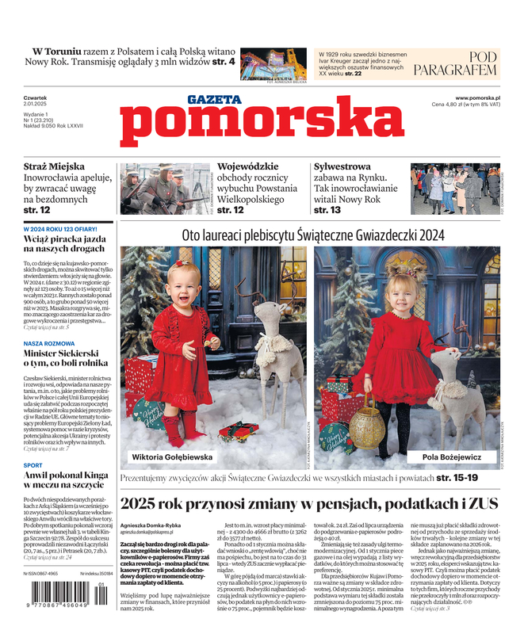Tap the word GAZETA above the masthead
214,99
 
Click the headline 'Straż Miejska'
54,166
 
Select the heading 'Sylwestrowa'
342,166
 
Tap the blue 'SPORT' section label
33,465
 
